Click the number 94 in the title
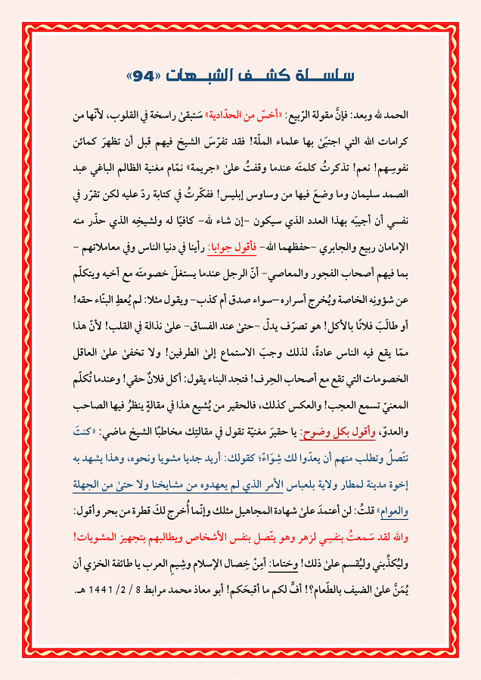[142, 76]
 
